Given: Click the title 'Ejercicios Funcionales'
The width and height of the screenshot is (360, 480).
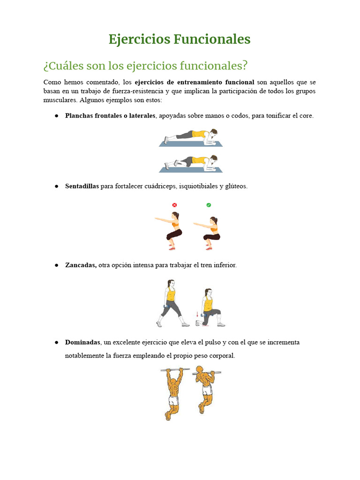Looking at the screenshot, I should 180,39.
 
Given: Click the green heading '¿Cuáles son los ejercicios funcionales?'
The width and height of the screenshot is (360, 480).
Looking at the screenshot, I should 145,65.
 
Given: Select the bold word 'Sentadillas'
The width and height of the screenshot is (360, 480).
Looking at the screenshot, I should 82,186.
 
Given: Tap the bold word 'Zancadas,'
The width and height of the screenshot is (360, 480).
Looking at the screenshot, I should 81,265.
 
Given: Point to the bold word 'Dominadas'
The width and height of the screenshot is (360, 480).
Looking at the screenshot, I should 82,342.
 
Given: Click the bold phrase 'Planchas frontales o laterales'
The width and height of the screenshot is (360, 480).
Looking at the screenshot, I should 110,115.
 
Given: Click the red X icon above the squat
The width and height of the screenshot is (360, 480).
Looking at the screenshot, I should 174,205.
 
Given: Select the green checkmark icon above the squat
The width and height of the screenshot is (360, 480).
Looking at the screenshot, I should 209,205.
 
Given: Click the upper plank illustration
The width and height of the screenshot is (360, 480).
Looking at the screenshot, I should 191,137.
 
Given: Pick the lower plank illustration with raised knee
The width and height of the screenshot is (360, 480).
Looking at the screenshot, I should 191,164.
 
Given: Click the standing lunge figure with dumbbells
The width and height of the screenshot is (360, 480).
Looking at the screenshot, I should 172,303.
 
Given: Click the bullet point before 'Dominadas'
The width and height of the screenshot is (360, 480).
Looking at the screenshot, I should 56,343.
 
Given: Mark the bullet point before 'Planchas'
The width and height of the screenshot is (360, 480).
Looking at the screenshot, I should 56,116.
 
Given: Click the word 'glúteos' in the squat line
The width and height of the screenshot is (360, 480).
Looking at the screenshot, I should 237,186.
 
